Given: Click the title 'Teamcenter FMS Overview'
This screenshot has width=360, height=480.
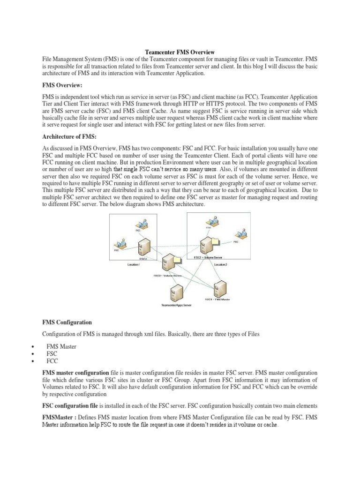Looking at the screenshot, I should point(180,52).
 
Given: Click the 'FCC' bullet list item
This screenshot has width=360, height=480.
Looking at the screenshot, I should point(52,362).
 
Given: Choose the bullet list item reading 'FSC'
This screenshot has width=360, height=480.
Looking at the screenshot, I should point(52,355).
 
